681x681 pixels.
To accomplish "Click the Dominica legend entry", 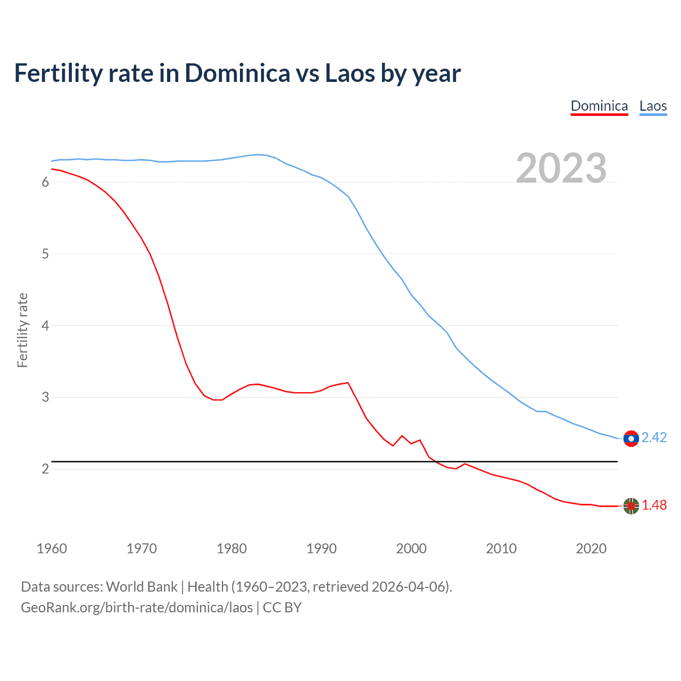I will coord(599,106).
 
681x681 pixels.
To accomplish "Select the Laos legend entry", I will coord(653,106).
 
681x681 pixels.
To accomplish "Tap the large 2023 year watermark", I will coord(561,168).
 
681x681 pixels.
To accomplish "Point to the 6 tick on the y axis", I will coord(45,182).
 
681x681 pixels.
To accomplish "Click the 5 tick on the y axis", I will coord(45,254).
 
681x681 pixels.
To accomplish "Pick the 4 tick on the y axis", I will coord(45,326).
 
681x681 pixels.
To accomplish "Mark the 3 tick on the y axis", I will coord(45,397).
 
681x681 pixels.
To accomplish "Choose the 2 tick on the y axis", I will coord(45,469).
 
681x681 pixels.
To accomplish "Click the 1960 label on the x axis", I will coord(52,549).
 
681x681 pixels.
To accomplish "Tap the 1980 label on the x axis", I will coord(231,549).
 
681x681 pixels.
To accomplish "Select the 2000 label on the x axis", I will coord(411,549).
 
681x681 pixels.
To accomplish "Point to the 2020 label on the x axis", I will coord(591,549).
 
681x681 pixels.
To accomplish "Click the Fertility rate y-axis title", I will coord(22,330).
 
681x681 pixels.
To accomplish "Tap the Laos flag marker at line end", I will coord(631,438).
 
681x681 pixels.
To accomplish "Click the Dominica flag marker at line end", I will coord(631,506).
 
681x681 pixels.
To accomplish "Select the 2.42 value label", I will coord(654,437).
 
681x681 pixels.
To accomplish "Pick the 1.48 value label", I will coord(654,505).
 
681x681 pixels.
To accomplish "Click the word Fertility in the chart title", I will coord(57,73).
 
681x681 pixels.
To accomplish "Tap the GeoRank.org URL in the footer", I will coord(137,608).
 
